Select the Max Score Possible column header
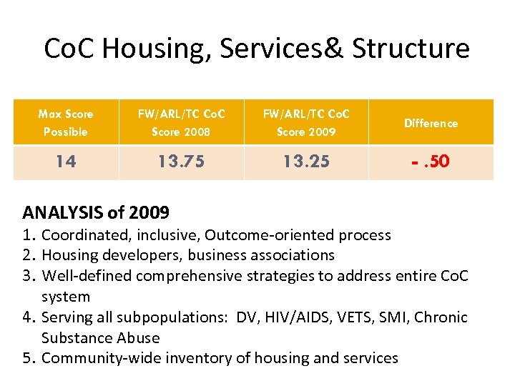pyautogui.click(x=65, y=122)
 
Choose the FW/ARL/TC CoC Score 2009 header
pyautogui.click(x=306, y=122)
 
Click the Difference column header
pyautogui.click(x=431, y=123)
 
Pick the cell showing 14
pyautogui.click(x=65, y=162)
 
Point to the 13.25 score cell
pyautogui.click(x=306, y=162)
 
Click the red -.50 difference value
pyautogui.click(x=431, y=162)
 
